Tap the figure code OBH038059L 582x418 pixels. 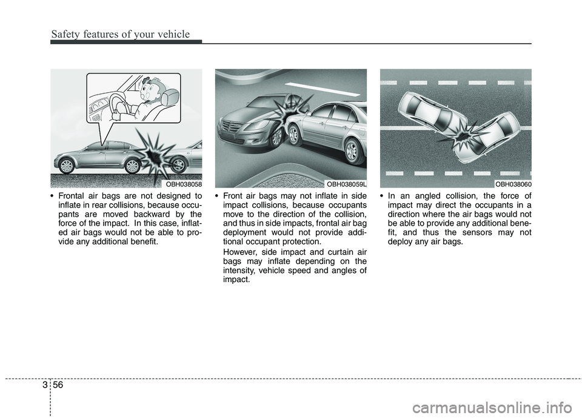[x=346, y=183]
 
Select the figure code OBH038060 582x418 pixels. [x=513, y=183]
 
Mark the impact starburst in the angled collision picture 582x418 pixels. [x=463, y=133]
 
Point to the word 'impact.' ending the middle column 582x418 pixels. [x=236, y=278]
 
